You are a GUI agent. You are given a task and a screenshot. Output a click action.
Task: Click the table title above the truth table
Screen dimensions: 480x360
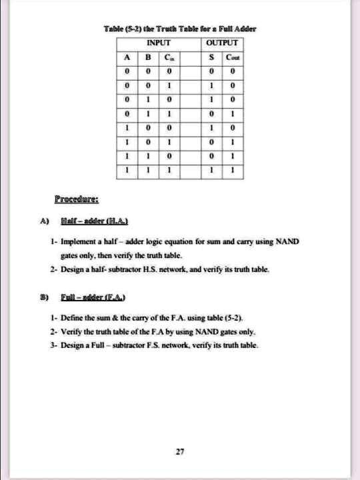181,29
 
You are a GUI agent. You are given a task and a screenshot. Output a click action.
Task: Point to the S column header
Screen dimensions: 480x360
211,56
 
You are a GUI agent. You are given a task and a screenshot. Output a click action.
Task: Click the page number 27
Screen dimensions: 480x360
179,452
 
